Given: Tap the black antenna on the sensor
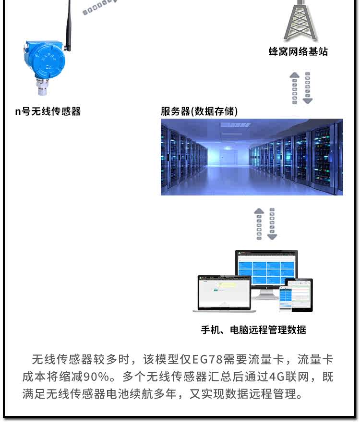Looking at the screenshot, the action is click(69, 24).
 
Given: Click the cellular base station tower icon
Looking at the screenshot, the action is click(300, 22).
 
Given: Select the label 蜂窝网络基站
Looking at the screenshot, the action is click(299, 52).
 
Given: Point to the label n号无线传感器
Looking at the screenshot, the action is click(48, 111).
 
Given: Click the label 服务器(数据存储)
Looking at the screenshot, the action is click(199, 111).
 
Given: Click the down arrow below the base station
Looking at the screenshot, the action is click(307, 88).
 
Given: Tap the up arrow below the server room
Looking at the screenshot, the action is click(259, 223).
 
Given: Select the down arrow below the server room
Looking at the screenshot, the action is click(272, 224).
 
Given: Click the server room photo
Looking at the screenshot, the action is click(252, 157).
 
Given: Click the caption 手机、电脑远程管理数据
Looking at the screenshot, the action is click(253, 329).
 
